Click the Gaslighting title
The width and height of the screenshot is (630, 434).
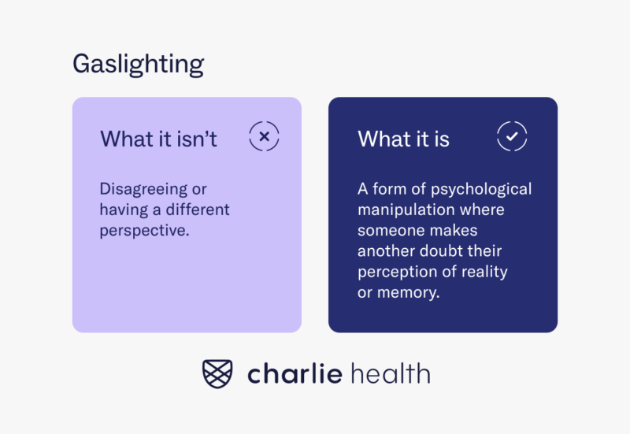click(x=138, y=64)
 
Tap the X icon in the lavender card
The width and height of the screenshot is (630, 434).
click(x=265, y=137)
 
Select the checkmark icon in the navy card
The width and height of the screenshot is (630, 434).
click(x=512, y=137)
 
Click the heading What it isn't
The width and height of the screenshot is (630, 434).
click(x=158, y=139)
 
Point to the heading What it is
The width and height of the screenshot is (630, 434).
click(x=403, y=139)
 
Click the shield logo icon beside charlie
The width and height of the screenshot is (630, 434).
click(x=219, y=373)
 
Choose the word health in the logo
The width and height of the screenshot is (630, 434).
click(x=391, y=373)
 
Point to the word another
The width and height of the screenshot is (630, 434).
click(x=390, y=251)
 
